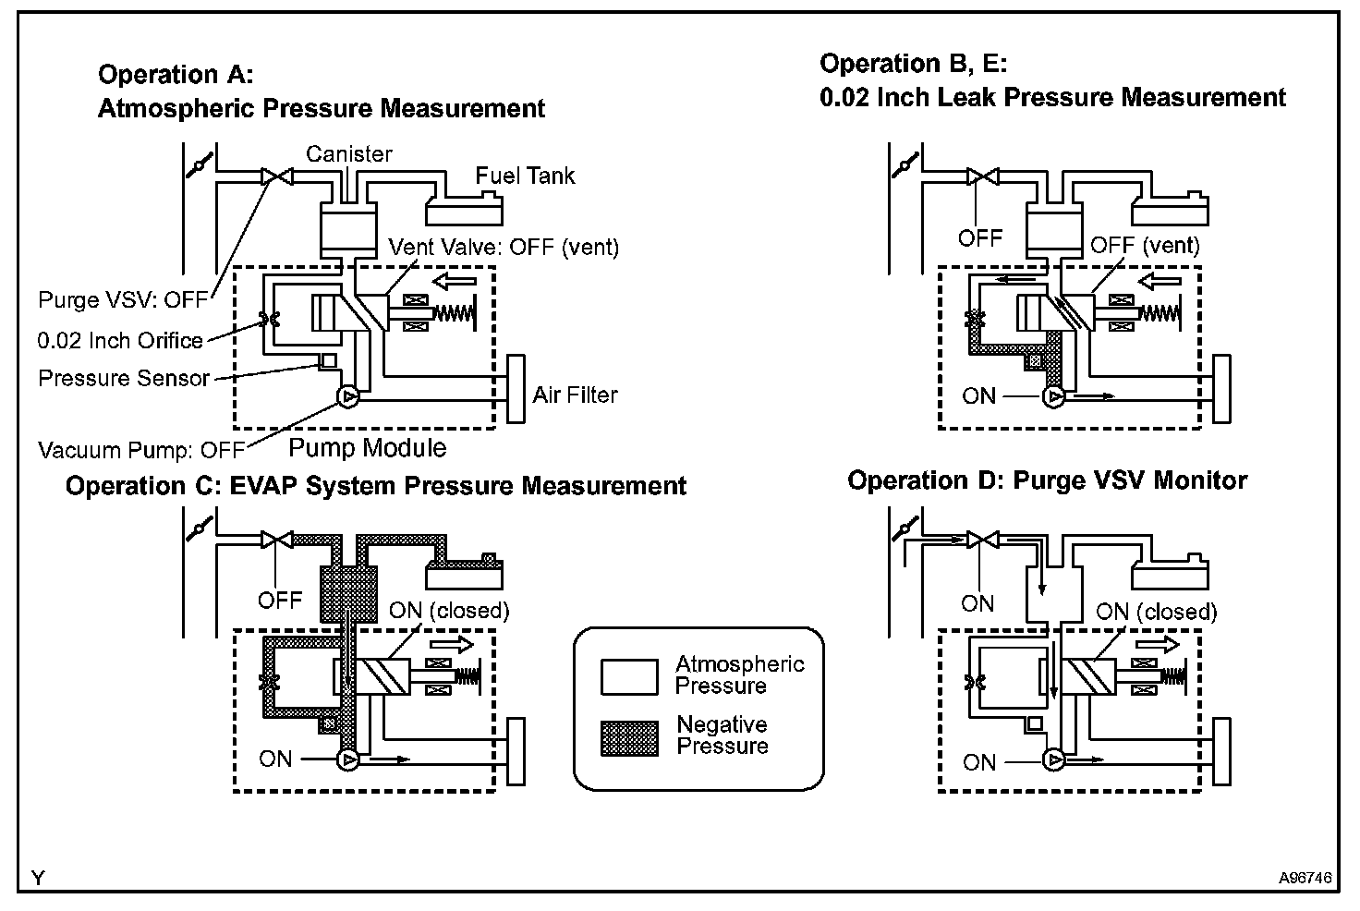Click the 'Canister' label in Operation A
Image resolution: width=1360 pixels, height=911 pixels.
pos(349,154)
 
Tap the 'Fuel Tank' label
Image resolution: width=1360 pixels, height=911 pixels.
pos(525,176)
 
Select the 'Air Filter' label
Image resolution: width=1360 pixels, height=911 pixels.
pos(575,395)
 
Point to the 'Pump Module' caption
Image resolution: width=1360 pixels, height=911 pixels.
pos(368,448)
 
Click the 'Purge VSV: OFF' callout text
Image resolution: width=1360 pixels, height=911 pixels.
pos(123,300)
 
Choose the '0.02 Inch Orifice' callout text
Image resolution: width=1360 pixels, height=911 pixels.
pos(120,341)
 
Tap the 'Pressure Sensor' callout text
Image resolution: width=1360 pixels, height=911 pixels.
pos(124,379)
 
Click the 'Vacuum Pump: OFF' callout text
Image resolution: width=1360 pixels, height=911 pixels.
pos(141,451)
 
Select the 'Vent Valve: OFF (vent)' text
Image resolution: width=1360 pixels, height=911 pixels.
pos(504,248)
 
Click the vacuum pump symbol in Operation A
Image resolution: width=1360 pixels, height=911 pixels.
pos(348,397)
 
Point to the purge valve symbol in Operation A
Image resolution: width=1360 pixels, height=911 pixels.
pos(277,176)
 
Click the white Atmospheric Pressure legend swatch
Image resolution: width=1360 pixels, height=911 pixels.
pos(629,676)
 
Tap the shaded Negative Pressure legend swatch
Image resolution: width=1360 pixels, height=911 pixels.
pos(629,738)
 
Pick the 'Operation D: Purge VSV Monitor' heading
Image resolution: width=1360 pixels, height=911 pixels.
pos(1048,480)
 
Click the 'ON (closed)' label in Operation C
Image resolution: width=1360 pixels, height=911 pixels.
pos(449,611)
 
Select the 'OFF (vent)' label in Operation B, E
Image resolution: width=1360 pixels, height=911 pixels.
pos(1145,246)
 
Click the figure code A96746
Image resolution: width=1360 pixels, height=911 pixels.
pos(1305,878)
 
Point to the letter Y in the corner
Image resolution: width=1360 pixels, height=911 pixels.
pos(38,878)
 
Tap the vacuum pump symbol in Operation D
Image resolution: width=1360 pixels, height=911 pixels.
pos(1053,760)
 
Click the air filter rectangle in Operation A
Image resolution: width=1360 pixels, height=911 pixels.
pos(516,389)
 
